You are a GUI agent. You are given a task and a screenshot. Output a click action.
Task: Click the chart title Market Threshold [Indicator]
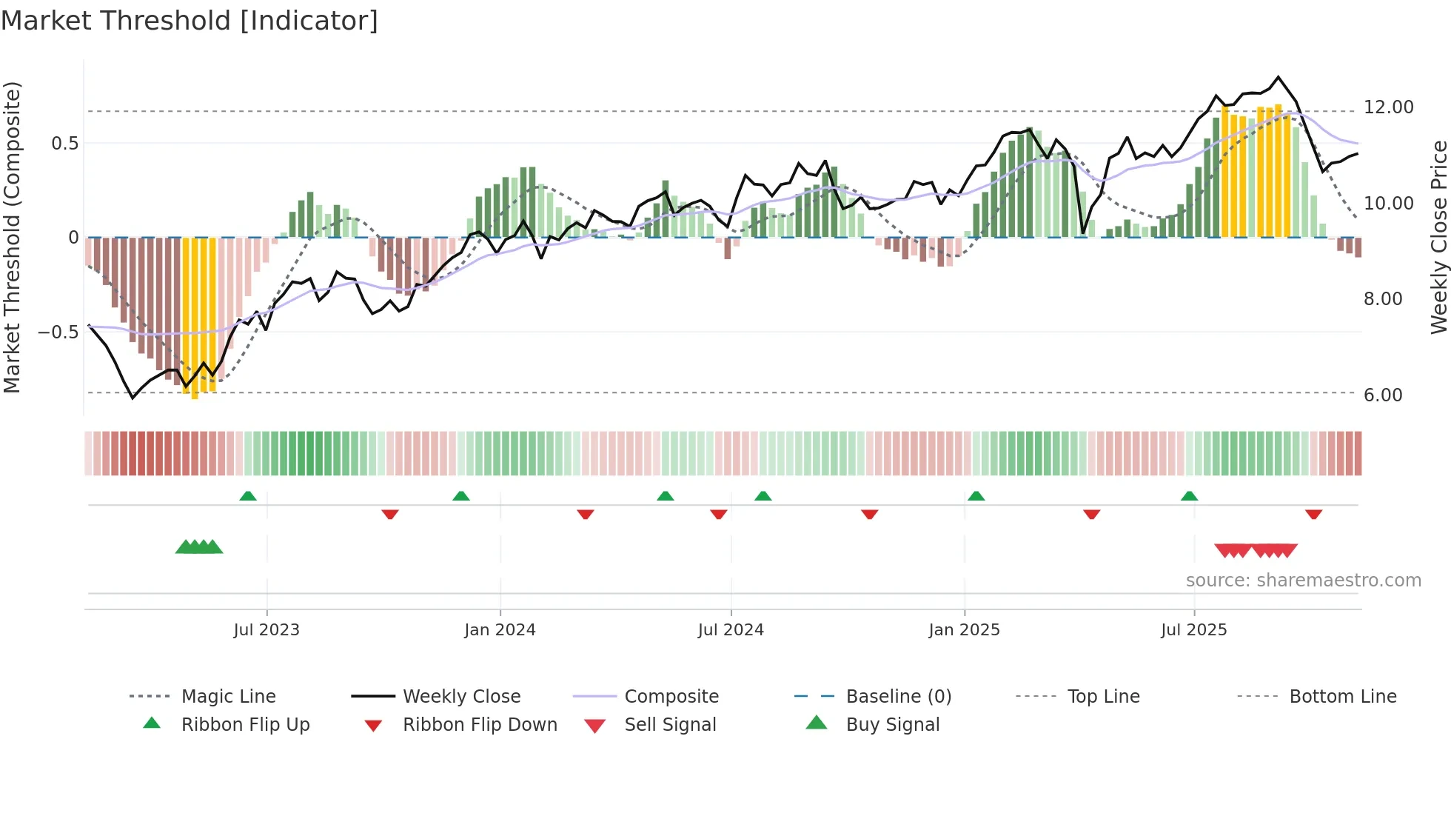190,21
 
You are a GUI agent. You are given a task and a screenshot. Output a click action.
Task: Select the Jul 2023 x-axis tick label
267,630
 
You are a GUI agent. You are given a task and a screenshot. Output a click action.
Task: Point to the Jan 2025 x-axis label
964,630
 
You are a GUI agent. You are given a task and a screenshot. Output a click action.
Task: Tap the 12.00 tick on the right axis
1388,107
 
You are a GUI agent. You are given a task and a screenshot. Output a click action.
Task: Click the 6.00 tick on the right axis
1383,395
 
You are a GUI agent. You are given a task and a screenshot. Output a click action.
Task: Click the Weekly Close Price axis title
1438,237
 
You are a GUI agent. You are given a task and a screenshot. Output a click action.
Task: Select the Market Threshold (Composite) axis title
12,237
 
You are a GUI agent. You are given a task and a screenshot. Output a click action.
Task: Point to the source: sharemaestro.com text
1303,581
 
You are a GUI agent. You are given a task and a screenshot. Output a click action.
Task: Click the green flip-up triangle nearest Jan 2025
976,496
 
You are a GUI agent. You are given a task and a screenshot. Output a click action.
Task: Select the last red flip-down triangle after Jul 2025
1313,514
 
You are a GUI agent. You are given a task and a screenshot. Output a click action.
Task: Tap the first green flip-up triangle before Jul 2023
248,496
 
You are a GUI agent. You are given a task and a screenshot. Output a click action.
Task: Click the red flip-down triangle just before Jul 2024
718,514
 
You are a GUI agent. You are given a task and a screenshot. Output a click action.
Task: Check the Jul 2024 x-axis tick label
731,630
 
